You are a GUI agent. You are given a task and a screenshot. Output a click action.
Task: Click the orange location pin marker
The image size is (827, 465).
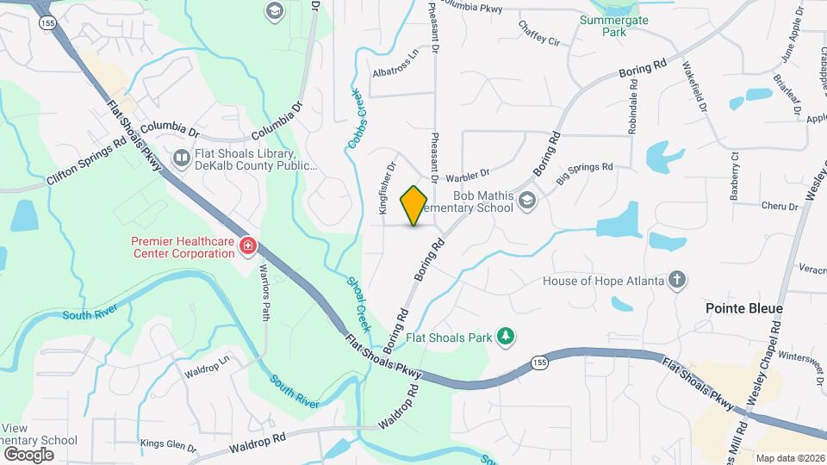coord(414,206)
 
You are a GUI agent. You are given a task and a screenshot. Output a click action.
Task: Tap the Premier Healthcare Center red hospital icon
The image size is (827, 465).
coord(248,247)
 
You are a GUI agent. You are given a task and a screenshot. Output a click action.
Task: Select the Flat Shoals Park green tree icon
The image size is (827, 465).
coord(507,337)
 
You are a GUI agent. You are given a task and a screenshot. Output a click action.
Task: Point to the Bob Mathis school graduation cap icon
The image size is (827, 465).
coord(527,201)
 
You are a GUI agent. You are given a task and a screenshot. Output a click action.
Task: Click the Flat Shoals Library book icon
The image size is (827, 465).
coord(182,158)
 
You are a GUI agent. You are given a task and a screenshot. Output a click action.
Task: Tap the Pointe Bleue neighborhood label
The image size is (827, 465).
coord(743,308)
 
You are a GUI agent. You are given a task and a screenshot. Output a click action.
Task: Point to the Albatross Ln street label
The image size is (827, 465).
coord(395,65)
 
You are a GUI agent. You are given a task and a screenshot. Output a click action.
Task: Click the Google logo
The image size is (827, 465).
coord(28,454)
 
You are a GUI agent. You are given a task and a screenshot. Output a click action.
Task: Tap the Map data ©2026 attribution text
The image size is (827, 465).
coord(790,458)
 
